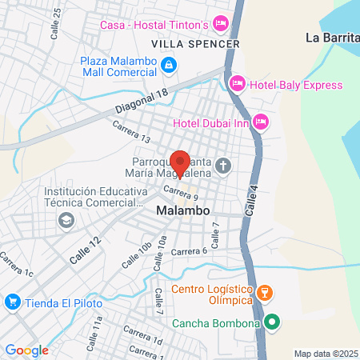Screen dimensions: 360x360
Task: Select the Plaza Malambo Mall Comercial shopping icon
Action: pyautogui.click(x=168, y=64)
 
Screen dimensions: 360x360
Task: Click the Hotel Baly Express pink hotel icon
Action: pyautogui.click(x=237, y=83)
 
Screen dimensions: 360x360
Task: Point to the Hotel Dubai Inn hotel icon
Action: pyautogui.click(x=261, y=122)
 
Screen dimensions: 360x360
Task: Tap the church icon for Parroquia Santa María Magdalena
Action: pyautogui.click(x=222, y=166)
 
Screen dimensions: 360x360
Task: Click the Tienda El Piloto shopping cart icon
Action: pyautogui.click(x=12, y=302)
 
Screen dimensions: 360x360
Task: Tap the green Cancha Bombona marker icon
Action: pyautogui.click(x=271, y=322)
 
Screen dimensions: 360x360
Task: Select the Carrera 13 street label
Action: pyautogui.click(x=132, y=132)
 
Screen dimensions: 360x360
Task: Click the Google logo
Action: pyautogui.click(x=26, y=350)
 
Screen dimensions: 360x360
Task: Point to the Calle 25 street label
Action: pyautogui.click(x=55, y=25)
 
